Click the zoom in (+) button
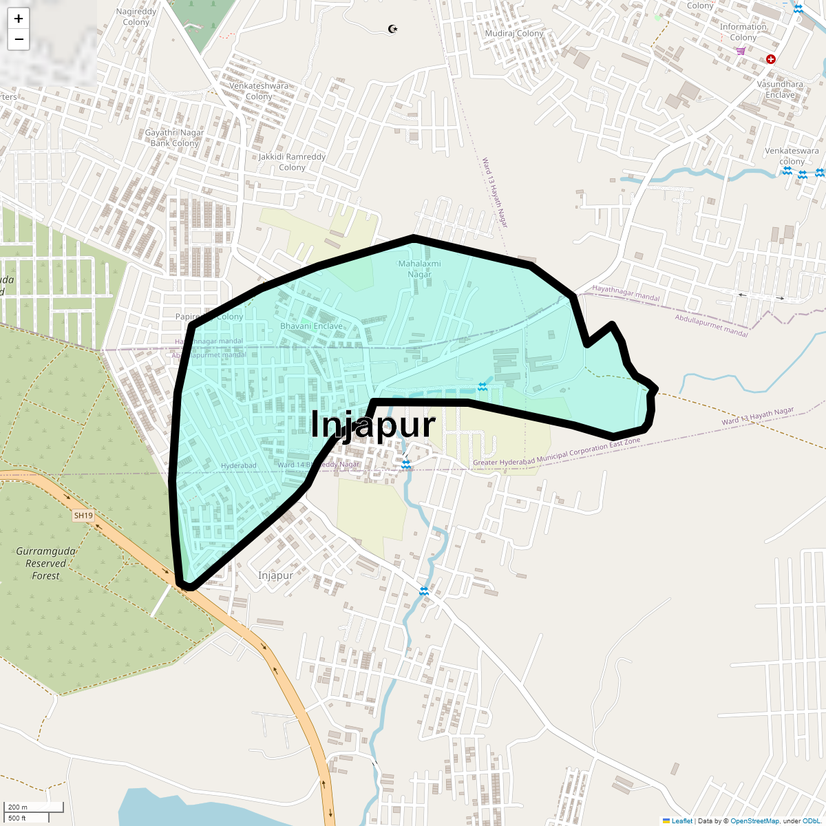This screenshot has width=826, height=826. coord(19,19)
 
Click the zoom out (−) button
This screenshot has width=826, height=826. coord(19,39)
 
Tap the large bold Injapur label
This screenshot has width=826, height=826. coord(373,425)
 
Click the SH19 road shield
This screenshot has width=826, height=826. coord(83,516)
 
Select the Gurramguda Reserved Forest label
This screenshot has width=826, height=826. coord(46,563)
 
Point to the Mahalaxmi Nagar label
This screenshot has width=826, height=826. coord(419,269)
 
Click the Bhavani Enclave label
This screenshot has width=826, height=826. coord(311,326)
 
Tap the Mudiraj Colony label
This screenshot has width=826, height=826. coord(514,33)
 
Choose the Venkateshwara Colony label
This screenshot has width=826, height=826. coord(259,91)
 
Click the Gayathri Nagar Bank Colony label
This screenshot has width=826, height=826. coord(174,138)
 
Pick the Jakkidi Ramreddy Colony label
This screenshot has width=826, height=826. coord(293,162)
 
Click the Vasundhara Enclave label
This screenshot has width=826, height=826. coord(780,89)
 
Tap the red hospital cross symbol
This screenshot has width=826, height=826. coord(771,59)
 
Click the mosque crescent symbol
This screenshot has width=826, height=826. coord(393,29)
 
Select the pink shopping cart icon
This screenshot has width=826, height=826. coord(741,50)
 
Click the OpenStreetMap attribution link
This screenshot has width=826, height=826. coord(754,820)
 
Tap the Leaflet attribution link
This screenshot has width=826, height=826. coord(681,820)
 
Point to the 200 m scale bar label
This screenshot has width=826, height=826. coord(18,807)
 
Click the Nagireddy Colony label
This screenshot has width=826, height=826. coord(136,17)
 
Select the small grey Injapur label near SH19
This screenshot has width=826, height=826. coord(275,575)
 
